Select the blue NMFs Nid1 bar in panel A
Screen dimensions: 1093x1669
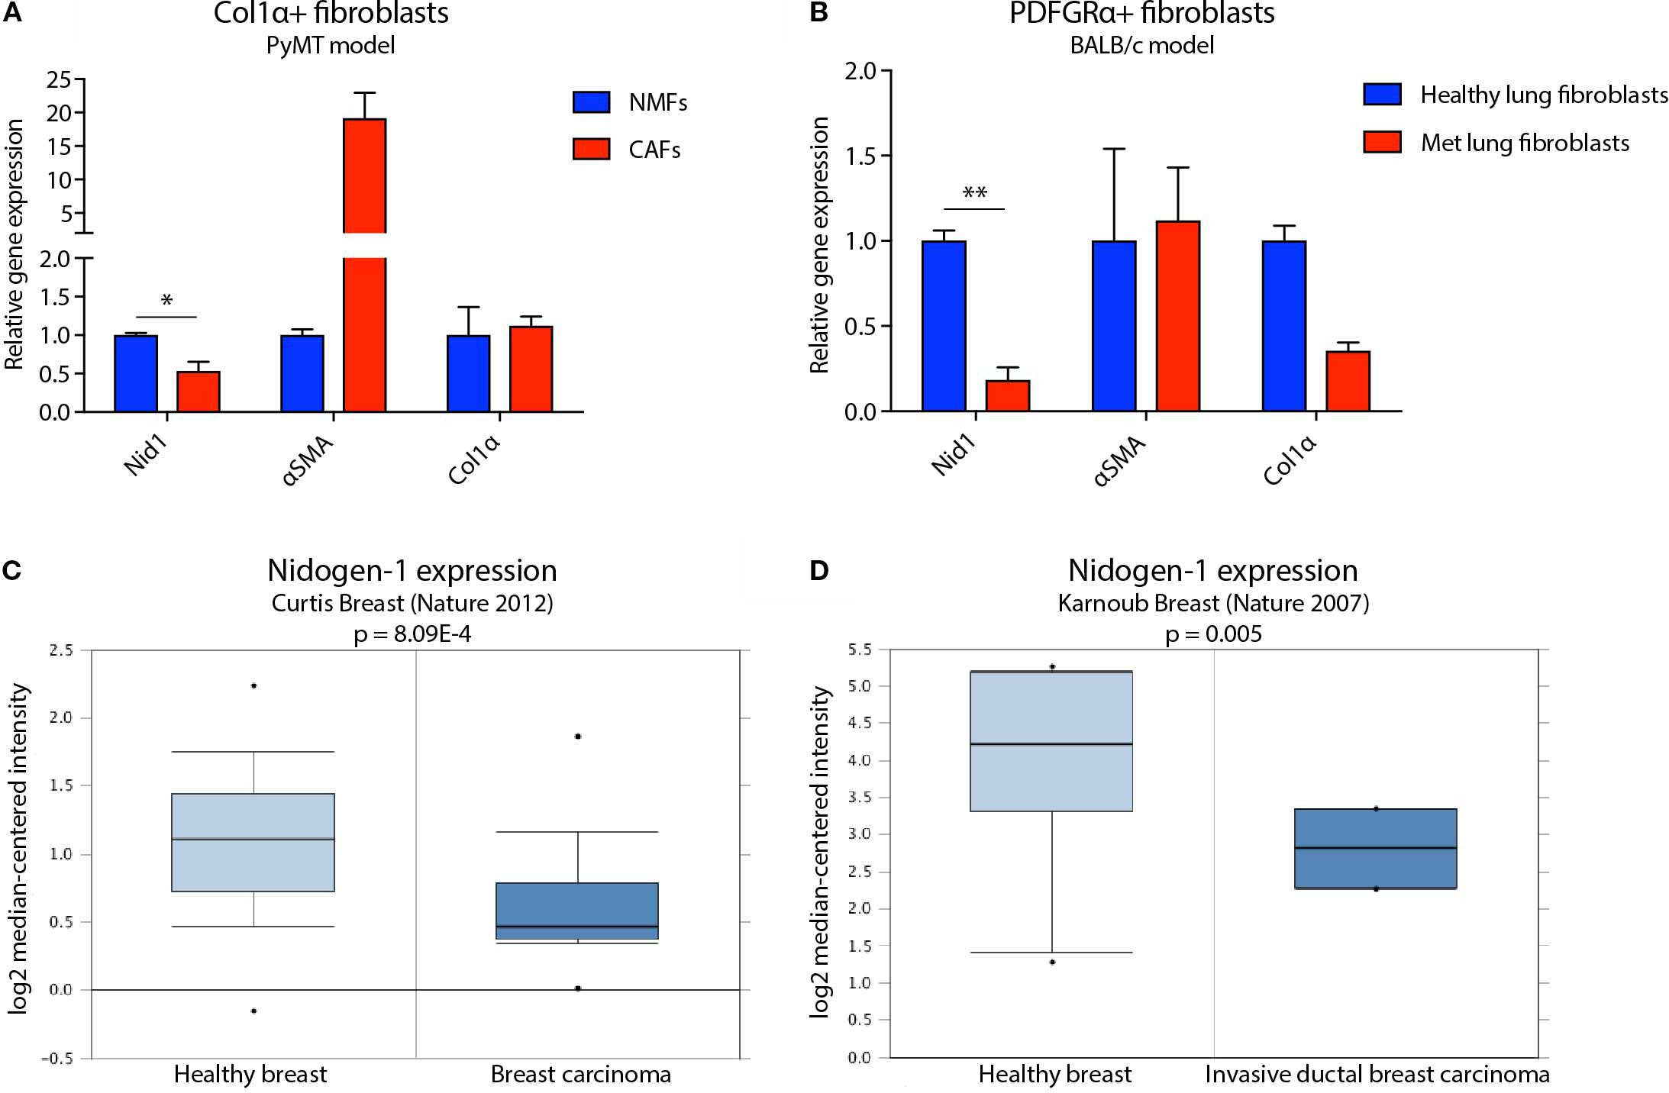136,374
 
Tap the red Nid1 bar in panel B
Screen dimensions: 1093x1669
1007,395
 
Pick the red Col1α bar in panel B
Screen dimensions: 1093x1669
1348,381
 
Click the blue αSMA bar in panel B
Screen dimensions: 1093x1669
1114,326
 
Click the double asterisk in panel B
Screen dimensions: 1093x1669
974,193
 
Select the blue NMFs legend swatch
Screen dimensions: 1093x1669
591,102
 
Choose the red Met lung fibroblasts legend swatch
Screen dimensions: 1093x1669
1382,142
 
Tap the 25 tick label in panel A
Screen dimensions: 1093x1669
59,79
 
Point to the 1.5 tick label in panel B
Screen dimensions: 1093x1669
860,156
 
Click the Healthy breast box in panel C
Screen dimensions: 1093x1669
253,842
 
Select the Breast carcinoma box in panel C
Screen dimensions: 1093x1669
577,911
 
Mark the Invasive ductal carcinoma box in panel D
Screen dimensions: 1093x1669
1375,848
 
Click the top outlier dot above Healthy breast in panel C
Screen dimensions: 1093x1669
253,685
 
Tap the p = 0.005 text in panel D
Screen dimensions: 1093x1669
1213,634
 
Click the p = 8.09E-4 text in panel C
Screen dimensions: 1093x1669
412,634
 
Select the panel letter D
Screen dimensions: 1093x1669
818,570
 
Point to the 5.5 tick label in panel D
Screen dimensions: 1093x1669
859,650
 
